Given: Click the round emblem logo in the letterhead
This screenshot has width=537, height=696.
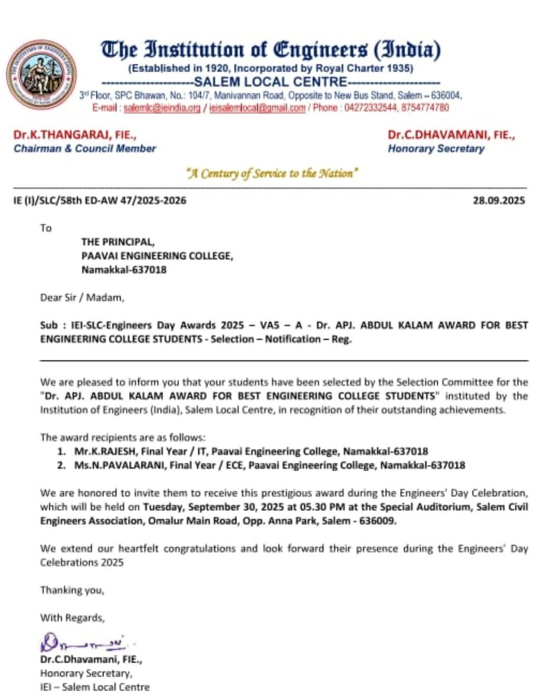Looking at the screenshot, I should (x=41, y=74).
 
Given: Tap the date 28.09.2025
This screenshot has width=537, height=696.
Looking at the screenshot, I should (x=498, y=200).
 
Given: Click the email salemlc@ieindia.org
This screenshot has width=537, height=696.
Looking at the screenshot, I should (x=162, y=108).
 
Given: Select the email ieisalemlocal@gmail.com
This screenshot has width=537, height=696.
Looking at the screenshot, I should (x=257, y=108).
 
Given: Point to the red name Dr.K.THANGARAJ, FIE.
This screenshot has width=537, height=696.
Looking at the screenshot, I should (x=75, y=135).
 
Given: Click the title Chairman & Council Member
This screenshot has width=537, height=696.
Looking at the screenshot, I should (x=85, y=148).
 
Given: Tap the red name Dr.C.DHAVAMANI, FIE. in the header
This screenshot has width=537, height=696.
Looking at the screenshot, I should (x=451, y=135).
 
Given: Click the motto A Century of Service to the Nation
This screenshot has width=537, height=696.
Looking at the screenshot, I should (x=272, y=173).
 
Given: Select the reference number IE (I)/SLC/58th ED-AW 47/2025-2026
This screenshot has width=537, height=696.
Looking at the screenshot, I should (x=100, y=200).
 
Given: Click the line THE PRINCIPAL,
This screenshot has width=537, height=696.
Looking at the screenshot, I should (x=118, y=242).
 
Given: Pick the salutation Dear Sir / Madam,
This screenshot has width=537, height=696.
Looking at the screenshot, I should (x=82, y=298).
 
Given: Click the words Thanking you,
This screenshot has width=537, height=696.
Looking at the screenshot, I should (x=72, y=590).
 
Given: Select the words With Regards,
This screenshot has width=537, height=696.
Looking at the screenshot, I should (x=72, y=618).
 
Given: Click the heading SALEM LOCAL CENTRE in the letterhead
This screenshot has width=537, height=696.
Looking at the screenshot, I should (x=271, y=82).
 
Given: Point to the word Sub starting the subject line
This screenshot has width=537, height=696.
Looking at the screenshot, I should (x=49, y=325).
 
